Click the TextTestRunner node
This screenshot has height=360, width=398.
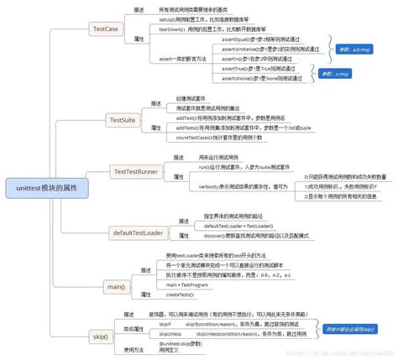tap(137, 172)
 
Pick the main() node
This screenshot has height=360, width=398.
tap(117, 287)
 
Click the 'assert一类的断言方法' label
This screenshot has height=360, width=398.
tap(184, 58)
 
